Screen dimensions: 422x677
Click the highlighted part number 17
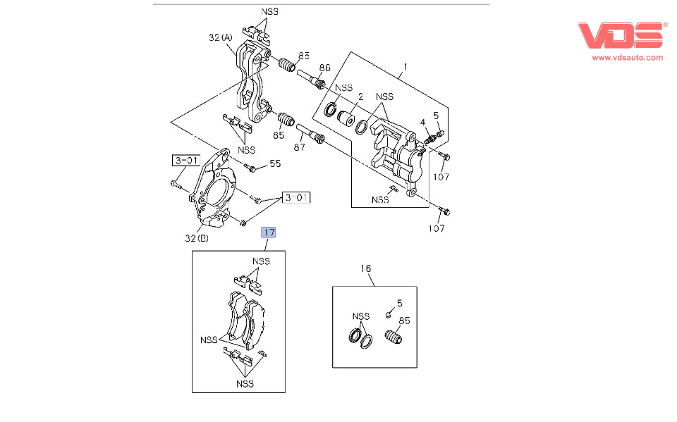point(269,232)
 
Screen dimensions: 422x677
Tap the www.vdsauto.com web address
point(627,58)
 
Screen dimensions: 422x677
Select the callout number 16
point(365,268)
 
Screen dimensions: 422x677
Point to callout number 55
point(275,163)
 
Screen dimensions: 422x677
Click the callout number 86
point(324,68)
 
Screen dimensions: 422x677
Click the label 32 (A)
point(221,38)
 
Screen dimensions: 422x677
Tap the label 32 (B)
point(197,238)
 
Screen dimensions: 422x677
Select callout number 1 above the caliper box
point(405,68)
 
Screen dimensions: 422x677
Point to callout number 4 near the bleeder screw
point(422,123)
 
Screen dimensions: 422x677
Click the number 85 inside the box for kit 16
point(404,322)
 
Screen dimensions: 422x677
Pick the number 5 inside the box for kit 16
point(399,304)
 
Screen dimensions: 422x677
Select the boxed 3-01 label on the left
point(185,160)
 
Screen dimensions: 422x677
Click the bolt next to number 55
point(252,168)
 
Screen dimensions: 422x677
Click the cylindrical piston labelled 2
point(345,117)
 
